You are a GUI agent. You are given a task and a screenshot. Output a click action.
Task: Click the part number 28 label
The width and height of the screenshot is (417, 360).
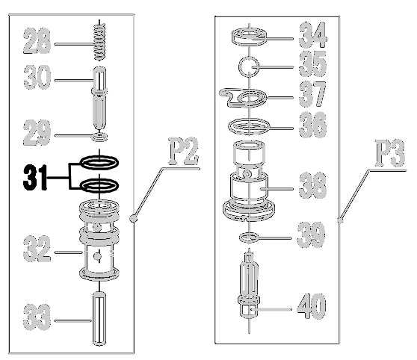[x=37, y=41]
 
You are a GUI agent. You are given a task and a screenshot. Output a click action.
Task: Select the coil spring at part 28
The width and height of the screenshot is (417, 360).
[x=99, y=41]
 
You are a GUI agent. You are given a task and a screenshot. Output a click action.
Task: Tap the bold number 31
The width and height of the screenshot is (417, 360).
[x=35, y=178]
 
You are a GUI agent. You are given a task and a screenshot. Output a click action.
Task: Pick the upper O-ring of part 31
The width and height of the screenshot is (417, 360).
[x=99, y=162]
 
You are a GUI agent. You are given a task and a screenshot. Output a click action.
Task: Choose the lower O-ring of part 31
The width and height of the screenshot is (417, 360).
[x=99, y=185]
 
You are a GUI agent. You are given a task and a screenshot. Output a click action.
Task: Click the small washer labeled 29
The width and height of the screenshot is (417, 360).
[x=99, y=137]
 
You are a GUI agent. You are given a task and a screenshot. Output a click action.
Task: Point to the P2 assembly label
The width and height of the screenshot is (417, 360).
[x=184, y=151]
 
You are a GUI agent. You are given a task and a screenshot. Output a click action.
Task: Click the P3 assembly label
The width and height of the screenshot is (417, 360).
[x=390, y=153]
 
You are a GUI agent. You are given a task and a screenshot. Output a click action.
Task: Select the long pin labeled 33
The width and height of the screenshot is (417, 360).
[x=99, y=318]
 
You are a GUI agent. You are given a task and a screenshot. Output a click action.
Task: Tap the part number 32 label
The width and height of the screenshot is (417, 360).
[x=37, y=249]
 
